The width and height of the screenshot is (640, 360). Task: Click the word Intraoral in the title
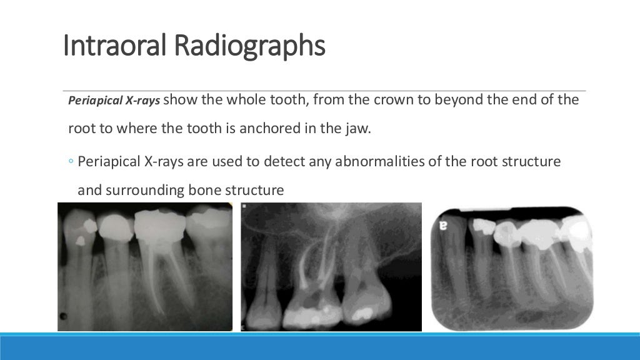pos(115,47)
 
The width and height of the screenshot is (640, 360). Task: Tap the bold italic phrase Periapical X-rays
pos(114,101)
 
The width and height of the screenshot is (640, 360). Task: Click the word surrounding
pos(142,190)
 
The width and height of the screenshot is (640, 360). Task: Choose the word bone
pos(204,190)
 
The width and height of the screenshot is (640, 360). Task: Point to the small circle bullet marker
pos(71,162)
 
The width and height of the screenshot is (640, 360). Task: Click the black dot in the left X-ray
pos(62,315)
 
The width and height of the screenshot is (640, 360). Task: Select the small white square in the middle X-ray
pos(245,206)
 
